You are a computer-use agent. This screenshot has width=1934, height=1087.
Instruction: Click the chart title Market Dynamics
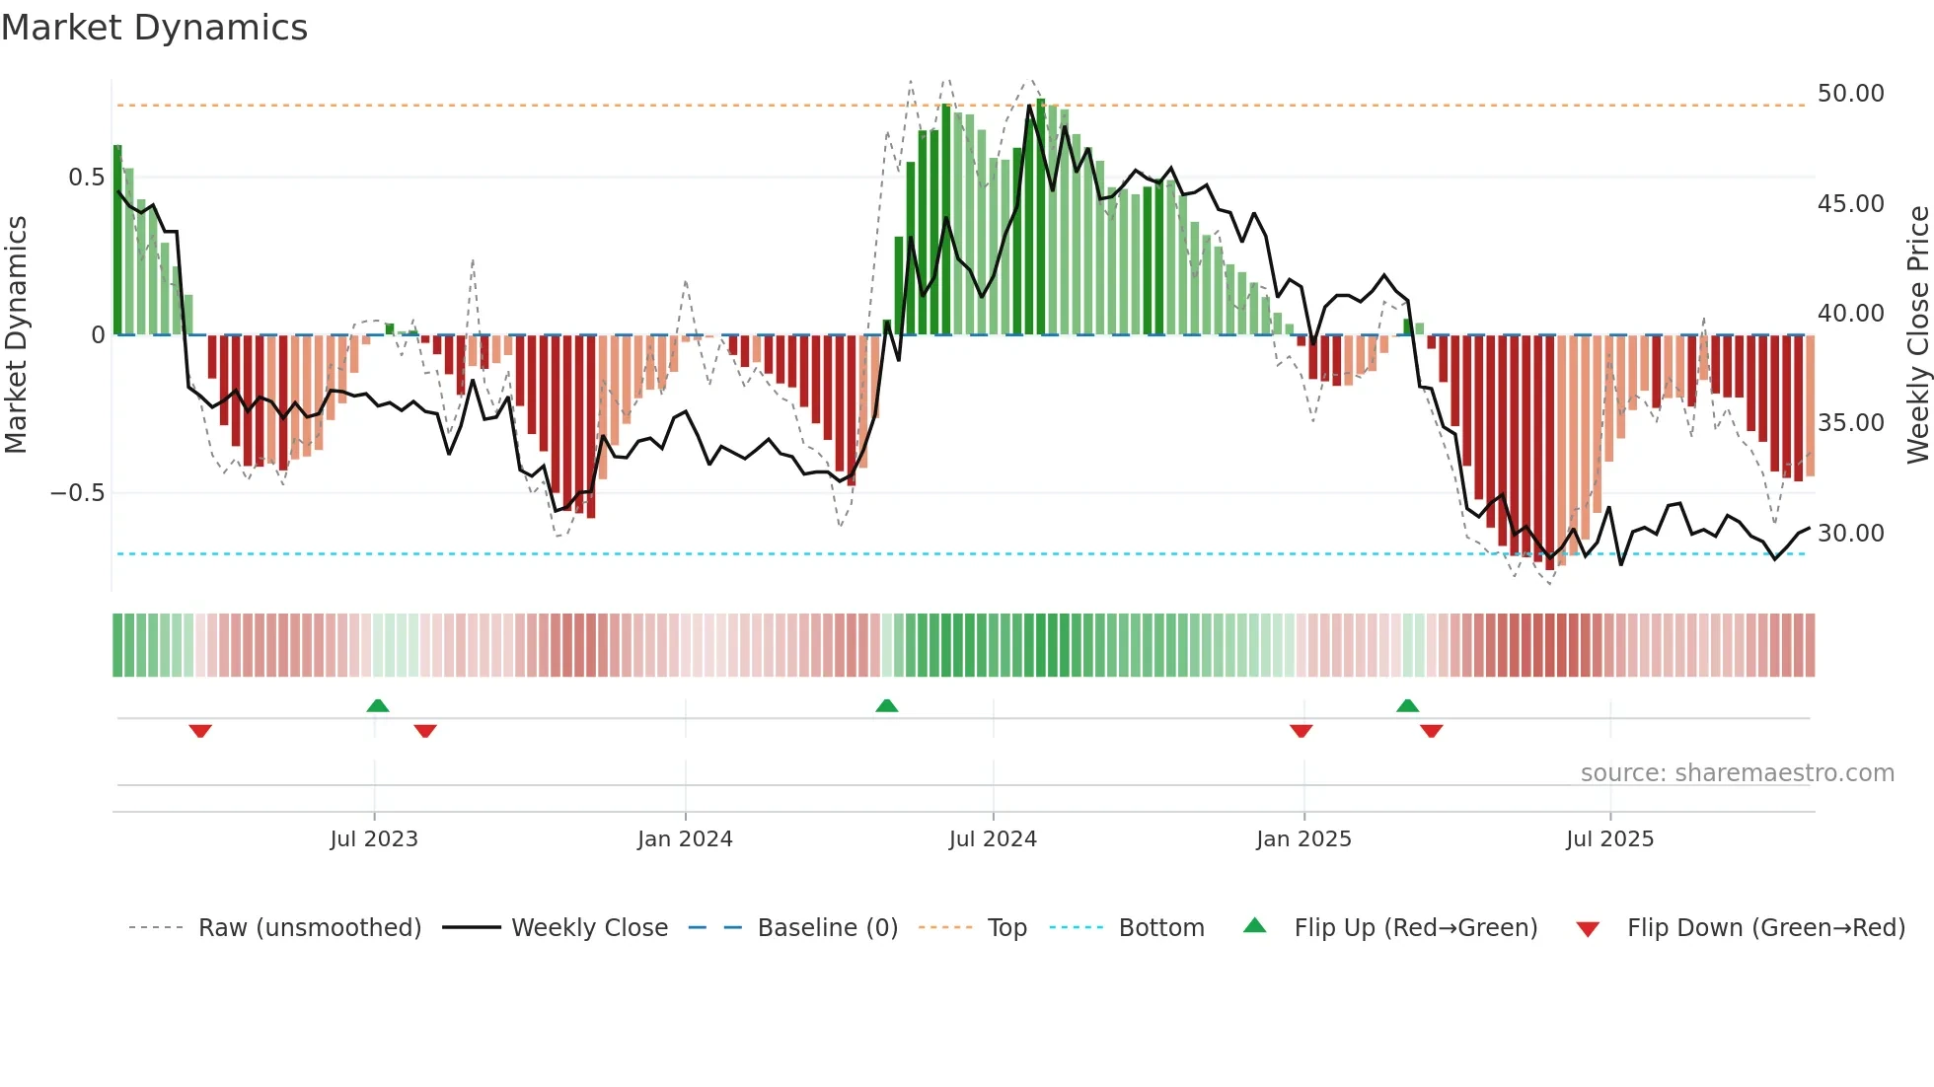(155, 28)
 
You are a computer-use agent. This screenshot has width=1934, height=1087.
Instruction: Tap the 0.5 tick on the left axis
(86, 178)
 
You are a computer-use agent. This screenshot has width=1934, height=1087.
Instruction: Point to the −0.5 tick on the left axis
(77, 493)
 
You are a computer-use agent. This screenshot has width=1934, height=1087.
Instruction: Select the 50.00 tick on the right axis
(1850, 94)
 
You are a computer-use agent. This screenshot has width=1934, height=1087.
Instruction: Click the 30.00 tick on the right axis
(1850, 534)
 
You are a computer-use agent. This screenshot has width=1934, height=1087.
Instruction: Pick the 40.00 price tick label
(1850, 314)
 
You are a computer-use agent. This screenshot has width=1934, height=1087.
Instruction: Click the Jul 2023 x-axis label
(374, 839)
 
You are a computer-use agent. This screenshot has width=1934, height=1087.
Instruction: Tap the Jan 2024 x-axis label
(685, 839)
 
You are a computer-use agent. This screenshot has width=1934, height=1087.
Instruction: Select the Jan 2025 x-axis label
(1303, 839)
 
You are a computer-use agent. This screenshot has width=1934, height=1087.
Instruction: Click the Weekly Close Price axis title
(1917, 335)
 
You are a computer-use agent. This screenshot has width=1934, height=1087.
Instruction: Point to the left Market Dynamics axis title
(16, 335)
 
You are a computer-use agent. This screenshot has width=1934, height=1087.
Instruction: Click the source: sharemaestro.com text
(1737, 773)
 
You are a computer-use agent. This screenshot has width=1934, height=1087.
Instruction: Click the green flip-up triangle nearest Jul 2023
(378, 705)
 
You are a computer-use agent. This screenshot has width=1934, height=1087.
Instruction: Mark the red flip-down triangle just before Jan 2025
(1301, 731)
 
